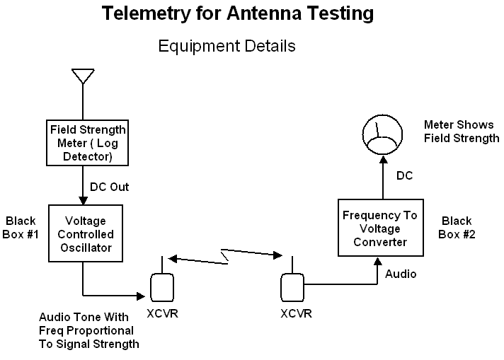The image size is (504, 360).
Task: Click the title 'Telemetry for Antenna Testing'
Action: pos(238,13)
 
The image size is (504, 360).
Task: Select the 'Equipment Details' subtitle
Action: pos(227,47)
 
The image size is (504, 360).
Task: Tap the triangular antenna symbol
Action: pos(84,76)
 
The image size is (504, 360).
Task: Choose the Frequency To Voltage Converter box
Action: pos(379,228)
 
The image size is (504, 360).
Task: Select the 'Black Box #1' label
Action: pos(21,228)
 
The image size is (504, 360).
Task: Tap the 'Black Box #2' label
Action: pos(458,228)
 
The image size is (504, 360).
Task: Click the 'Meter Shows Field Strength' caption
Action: pos(461,132)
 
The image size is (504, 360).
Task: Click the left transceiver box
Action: pos(161,287)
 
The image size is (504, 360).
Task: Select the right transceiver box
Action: pos(291,287)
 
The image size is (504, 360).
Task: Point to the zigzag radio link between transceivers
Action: pos(227,256)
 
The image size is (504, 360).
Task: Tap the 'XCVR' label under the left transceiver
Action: pos(163,314)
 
